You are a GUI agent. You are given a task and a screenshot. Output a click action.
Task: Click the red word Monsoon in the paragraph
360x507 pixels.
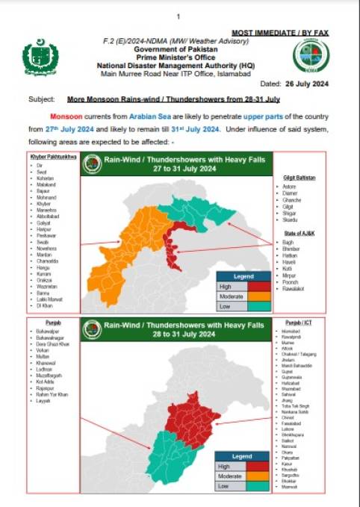point(66,117)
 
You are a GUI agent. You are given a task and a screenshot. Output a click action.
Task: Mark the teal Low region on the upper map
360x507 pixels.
point(202,205)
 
